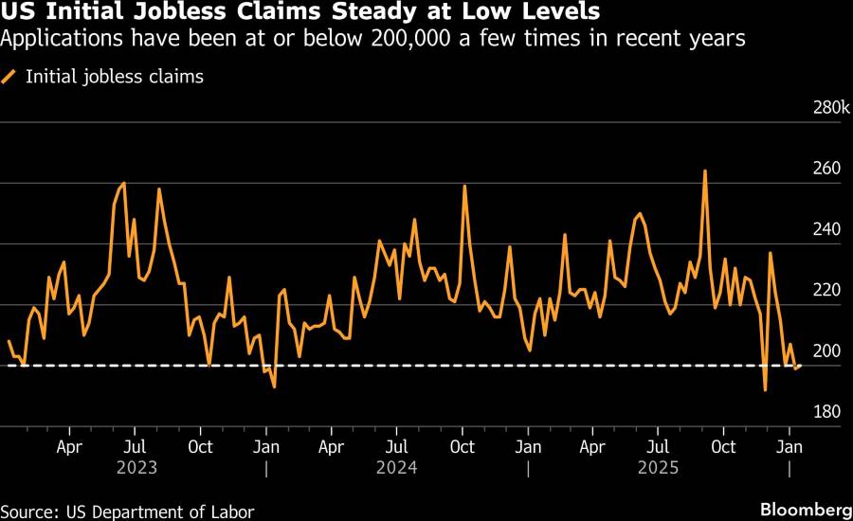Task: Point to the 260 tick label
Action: click(x=826, y=169)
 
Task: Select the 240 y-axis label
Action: click(x=826, y=229)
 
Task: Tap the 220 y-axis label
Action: click(x=826, y=290)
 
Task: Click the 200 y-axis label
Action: click(x=826, y=351)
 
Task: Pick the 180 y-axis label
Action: click(x=826, y=412)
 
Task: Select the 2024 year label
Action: click(x=397, y=467)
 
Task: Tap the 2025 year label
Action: click(x=659, y=467)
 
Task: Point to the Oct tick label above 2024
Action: click(x=463, y=444)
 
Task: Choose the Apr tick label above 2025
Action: click(x=593, y=444)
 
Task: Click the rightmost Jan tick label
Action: click(x=789, y=444)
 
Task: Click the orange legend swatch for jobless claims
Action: click(x=10, y=77)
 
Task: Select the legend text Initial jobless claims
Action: click(x=115, y=77)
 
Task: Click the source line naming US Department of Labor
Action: click(x=128, y=512)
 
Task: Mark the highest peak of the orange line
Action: click(x=705, y=171)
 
